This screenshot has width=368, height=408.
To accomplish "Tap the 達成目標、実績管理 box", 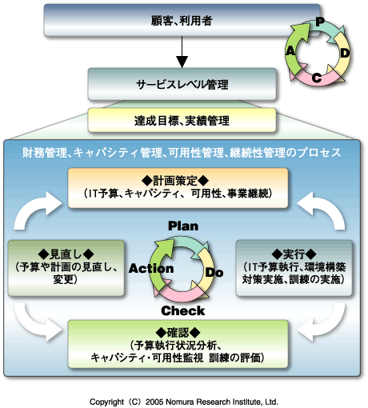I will click(x=182, y=122).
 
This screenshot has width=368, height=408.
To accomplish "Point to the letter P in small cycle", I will click(x=318, y=22).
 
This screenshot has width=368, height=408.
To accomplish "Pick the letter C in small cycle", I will click(x=317, y=78).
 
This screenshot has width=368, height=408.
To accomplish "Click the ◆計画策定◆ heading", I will click(x=182, y=180).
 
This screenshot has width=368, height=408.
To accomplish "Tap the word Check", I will click(x=183, y=310).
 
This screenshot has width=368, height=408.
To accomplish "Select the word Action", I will click(x=152, y=269).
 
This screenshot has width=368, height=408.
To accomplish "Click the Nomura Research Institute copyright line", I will click(x=183, y=401).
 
